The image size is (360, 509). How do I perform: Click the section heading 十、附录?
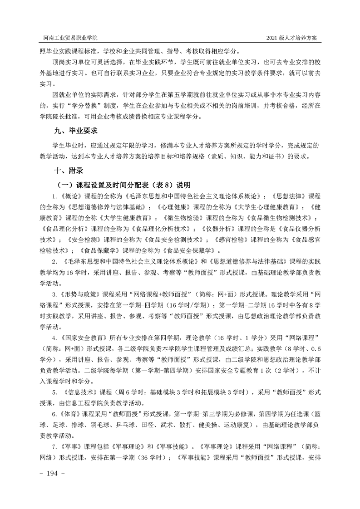coord(68,171)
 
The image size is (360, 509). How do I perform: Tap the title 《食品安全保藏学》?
coord(184,250)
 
